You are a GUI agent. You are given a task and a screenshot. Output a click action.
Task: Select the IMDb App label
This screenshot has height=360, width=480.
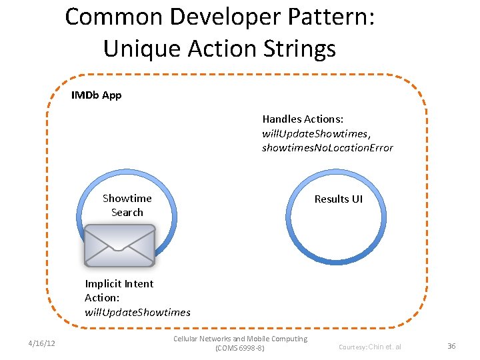pyautogui.click(x=96, y=95)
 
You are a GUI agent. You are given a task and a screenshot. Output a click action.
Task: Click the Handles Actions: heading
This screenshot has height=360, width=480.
pyautogui.click(x=303, y=119)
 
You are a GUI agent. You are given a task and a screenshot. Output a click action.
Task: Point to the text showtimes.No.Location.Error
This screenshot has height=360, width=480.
pyautogui.click(x=327, y=147)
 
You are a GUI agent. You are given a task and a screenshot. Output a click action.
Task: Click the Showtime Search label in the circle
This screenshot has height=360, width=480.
pyautogui.click(x=127, y=205)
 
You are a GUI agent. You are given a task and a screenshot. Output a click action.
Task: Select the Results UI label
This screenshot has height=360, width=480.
pyautogui.click(x=338, y=199)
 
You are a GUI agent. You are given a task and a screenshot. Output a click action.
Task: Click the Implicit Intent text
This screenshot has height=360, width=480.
pyautogui.click(x=119, y=283)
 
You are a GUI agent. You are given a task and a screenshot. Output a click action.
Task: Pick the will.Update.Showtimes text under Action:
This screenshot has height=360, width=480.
pyautogui.click(x=137, y=312)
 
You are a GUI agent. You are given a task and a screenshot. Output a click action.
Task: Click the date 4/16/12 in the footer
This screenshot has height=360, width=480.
pyautogui.click(x=41, y=343)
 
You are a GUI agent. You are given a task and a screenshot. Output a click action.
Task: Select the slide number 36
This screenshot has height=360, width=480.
pyautogui.click(x=451, y=346)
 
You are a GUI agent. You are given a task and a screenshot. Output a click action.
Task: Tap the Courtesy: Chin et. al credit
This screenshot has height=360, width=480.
pyautogui.click(x=370, y=347)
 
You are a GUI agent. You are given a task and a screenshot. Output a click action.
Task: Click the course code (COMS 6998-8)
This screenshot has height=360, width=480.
pyautogui.click(x=240, y=349)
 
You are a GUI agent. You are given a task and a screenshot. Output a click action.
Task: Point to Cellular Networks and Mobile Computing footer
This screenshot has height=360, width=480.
pyautogui.click(x=240, y=339)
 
